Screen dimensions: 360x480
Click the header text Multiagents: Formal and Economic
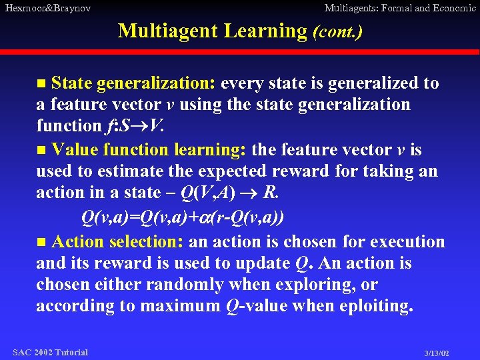click(x=399, y=8)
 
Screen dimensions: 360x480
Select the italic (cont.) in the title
click(x=337, y=31)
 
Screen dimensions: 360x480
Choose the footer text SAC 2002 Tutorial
click(x=50, y=352)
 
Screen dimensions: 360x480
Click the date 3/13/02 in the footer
click(x=436, y=353)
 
